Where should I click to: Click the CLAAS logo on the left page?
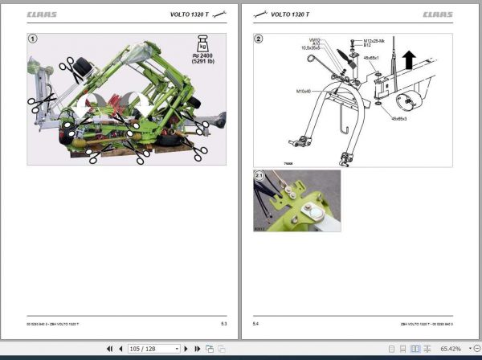pos(43,14)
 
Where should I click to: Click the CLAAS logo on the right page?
pos(437,14)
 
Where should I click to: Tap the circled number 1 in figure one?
pos(33,38)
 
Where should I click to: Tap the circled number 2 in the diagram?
pos(259,38)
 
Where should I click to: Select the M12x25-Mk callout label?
pos(374,39)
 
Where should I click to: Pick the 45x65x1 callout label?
pos(372,57)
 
